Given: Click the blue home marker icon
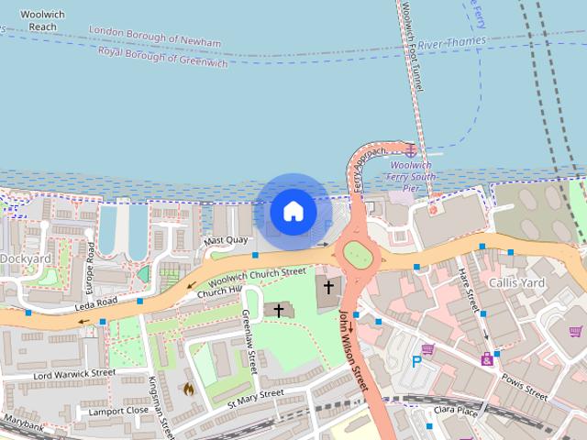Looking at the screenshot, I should pyautogui.click(x=293, y=212).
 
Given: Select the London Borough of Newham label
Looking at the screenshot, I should pyautogui.click(x=155, y=37).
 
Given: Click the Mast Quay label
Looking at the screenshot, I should pyautogui.click(x=225, y=240).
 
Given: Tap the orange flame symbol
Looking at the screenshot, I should pyautogui.click(x=189, y=389).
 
